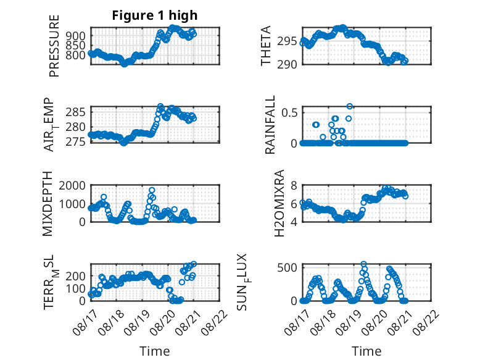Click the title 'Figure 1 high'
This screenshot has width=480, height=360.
point(155,15)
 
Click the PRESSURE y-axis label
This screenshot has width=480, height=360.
point(54,46)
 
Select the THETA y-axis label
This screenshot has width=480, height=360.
point(266,46)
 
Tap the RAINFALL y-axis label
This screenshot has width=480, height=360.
point(270,124)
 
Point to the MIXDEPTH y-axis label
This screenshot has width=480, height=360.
point(48,204)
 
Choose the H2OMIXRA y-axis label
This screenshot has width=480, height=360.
point(279,203)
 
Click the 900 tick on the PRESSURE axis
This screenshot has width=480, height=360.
point(76,36)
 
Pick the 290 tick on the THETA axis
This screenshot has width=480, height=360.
point(287,64)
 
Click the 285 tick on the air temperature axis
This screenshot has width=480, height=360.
point(76,112)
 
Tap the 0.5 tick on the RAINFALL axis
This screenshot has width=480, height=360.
point(289,112)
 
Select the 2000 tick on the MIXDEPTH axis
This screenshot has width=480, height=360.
point(72,185)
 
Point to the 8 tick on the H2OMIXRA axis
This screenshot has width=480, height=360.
point(294,185)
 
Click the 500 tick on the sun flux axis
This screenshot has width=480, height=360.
point(287,267)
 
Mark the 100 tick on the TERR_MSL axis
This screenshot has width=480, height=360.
point(76,288)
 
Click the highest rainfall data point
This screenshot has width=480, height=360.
point(350,106)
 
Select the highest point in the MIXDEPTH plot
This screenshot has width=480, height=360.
point(152,190)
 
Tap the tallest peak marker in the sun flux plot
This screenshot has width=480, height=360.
point(363,264)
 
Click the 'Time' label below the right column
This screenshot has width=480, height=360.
point(366,351)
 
